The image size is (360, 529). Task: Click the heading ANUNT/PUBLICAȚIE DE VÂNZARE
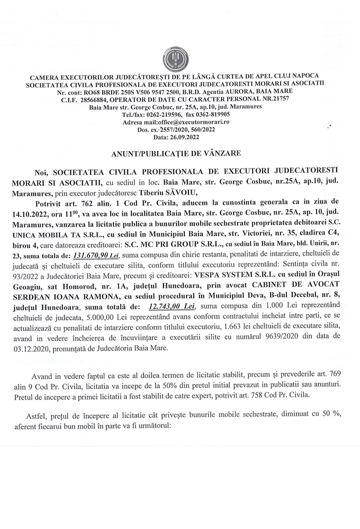[180, 153]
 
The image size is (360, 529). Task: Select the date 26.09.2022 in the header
[188, 137]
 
